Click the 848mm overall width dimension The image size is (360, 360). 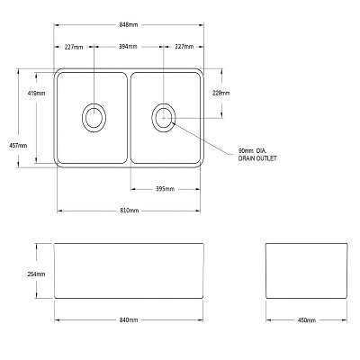coord(129,24)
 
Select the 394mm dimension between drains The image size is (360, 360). coord(128,47)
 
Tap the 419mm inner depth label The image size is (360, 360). coord(36,94)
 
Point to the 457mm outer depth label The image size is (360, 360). coord(18,146)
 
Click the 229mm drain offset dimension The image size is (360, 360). coord(221,93)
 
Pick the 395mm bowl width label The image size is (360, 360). coord(165,189)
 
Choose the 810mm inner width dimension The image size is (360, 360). coord(130,211)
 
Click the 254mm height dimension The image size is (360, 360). coord(36,274)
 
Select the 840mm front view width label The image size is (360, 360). coord(129,320)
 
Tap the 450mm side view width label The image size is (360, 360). coord(307,320)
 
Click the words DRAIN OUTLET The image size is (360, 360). coord(257,158)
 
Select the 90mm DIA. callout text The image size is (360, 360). coord(252,150)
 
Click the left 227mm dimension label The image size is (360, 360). coord(74,47)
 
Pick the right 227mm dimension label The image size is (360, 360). coord(184,47)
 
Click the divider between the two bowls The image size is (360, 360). coord(129,118)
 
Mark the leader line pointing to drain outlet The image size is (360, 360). coord(202,138)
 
